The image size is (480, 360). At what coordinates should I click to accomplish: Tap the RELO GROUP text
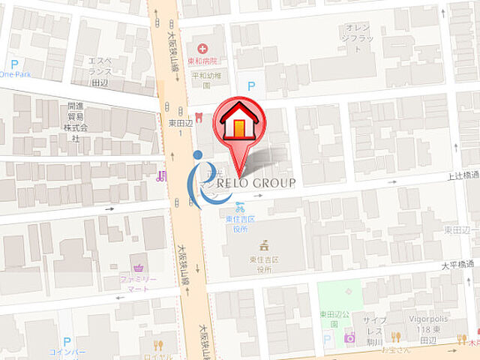255,182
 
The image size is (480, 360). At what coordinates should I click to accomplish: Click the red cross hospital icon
202,49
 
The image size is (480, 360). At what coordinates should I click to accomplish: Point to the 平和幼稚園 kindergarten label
205,79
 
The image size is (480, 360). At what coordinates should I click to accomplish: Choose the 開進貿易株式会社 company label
75,122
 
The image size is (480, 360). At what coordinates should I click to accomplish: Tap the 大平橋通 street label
457,264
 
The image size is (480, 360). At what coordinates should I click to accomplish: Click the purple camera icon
349,337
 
